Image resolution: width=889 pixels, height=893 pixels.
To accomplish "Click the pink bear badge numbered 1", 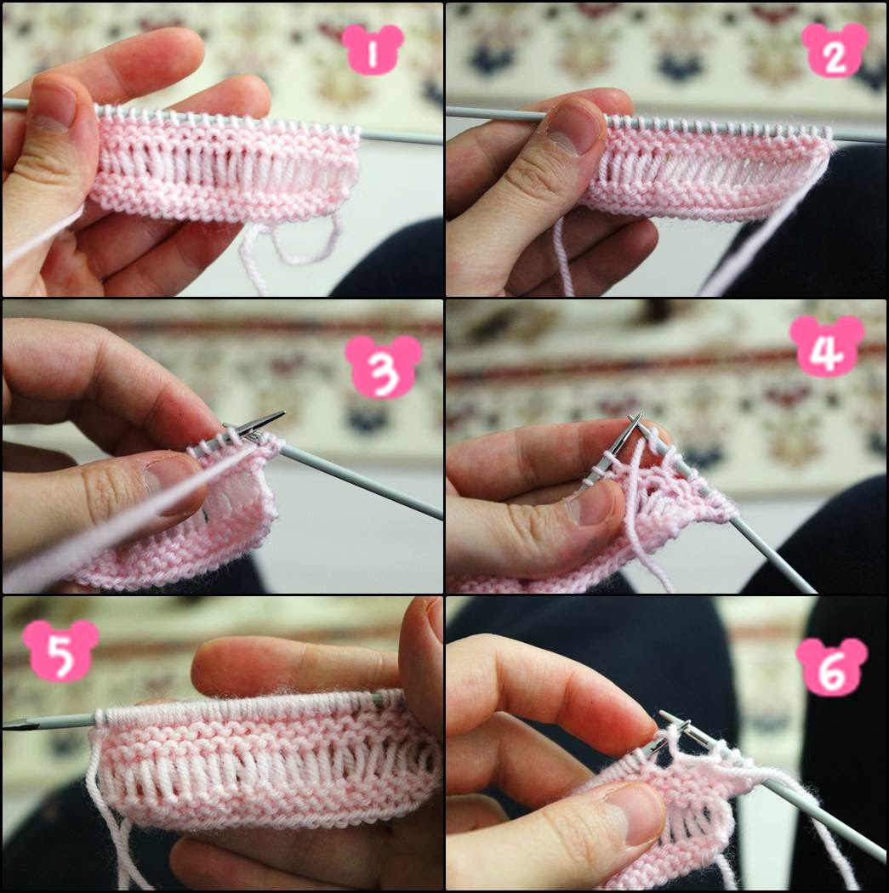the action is tap(373, 50).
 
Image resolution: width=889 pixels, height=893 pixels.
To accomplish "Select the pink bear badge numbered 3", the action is tap(384, 367).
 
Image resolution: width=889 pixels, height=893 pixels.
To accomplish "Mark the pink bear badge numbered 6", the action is tap(832, 668).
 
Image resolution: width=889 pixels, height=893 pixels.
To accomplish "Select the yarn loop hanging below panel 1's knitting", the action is tap(307, 242).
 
